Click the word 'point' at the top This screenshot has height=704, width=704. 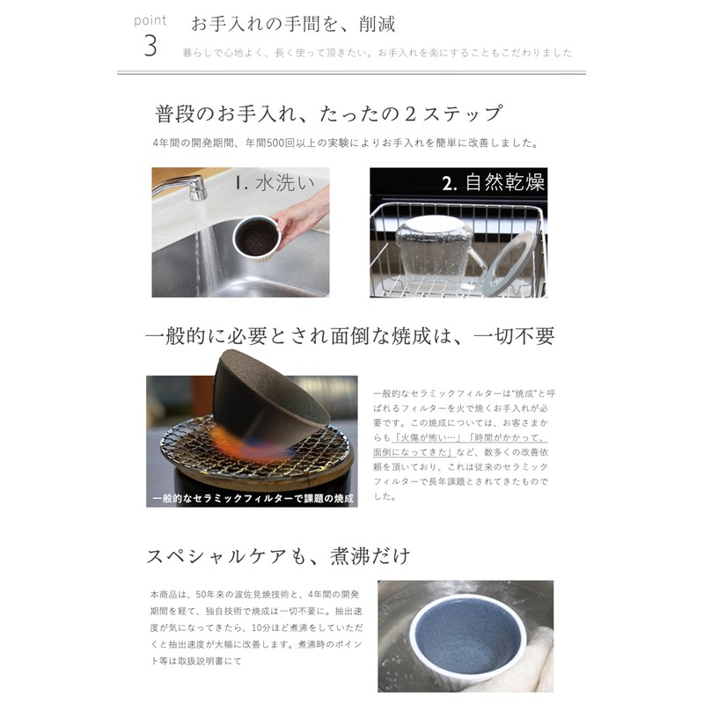tap(150, 20)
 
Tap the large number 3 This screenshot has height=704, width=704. tap(150, 48)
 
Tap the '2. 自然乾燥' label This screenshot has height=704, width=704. tap(493, 183)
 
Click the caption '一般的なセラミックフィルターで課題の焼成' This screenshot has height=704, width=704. tap(253, 499)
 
